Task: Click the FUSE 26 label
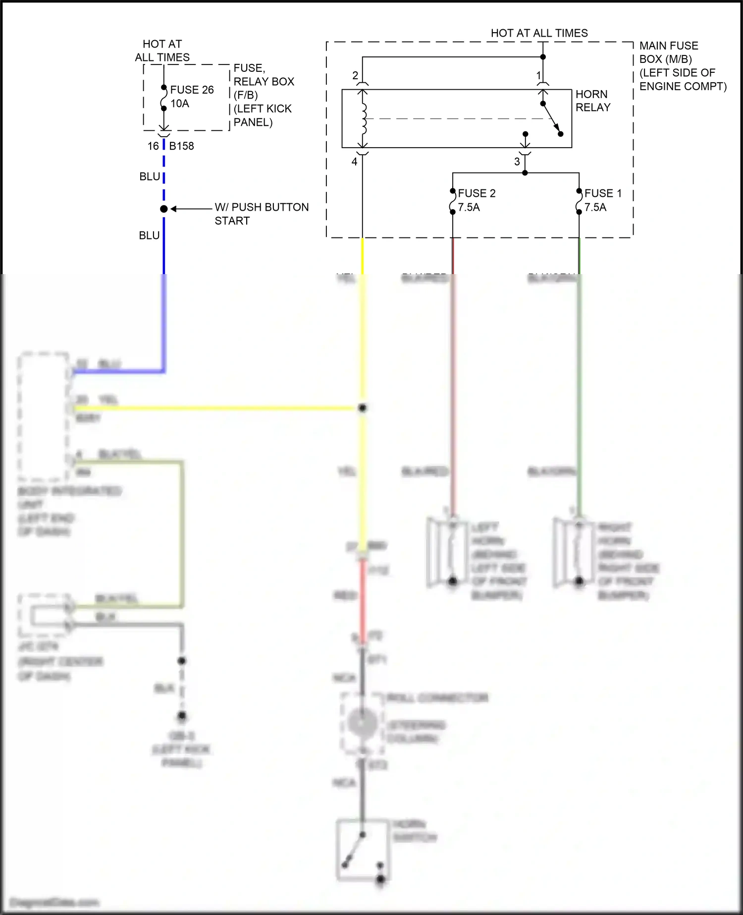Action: coord(192,90)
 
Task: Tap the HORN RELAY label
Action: coord(592,101)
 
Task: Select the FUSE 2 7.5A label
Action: coord(476,200)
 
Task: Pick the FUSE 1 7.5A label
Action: coord(602,200)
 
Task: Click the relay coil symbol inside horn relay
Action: coord(364,119)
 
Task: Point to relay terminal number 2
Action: coord(355,76)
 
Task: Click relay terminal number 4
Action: coord(354,162)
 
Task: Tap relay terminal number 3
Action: coord(517,162)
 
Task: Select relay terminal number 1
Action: coord(539,76)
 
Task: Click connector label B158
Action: coord(181,146)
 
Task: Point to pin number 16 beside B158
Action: coord(153,146)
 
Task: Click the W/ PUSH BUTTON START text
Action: coord(261,214)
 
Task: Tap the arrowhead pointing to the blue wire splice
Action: coord(174,209)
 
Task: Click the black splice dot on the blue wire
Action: coord(164,209)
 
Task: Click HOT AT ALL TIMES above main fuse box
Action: coord(539,33)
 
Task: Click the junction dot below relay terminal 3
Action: coord(525,173)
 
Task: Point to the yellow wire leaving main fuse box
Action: coord(363,255)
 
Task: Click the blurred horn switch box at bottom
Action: coord(362,850)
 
